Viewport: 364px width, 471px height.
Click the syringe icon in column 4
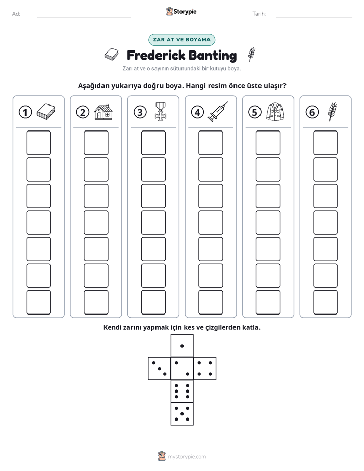(x=218, y=112)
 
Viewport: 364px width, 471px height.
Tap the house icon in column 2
(x=103, y=112)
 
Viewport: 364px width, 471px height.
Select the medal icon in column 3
(x=161, y=112)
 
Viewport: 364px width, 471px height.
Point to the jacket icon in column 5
(x=275, y=112)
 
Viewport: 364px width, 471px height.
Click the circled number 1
(x=25, y=112)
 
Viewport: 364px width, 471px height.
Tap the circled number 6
(x=312, y=112)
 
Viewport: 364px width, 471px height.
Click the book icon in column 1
(x=46, y=112)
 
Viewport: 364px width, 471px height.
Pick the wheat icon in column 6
(x=332, y=112)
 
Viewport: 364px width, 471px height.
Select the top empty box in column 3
(x=153, y=143)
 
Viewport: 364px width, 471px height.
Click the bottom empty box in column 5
(x=268, y=302)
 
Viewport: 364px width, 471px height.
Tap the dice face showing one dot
(x=182, y=346)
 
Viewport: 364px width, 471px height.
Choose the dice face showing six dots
(x=182, y=391)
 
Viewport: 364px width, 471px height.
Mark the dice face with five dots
(x=182, y=414)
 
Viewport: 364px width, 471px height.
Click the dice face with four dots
(x=205, y=369)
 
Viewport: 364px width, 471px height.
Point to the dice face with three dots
(x=160, y=369)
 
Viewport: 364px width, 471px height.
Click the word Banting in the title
(x=213, y=56)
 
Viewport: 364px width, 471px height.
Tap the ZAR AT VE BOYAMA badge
(x=181, y=40)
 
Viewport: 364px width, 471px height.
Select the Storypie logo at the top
(x=181, y=12)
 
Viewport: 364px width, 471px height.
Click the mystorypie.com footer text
(x=187, y=457)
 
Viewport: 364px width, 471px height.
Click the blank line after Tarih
(x=314, y=17)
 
